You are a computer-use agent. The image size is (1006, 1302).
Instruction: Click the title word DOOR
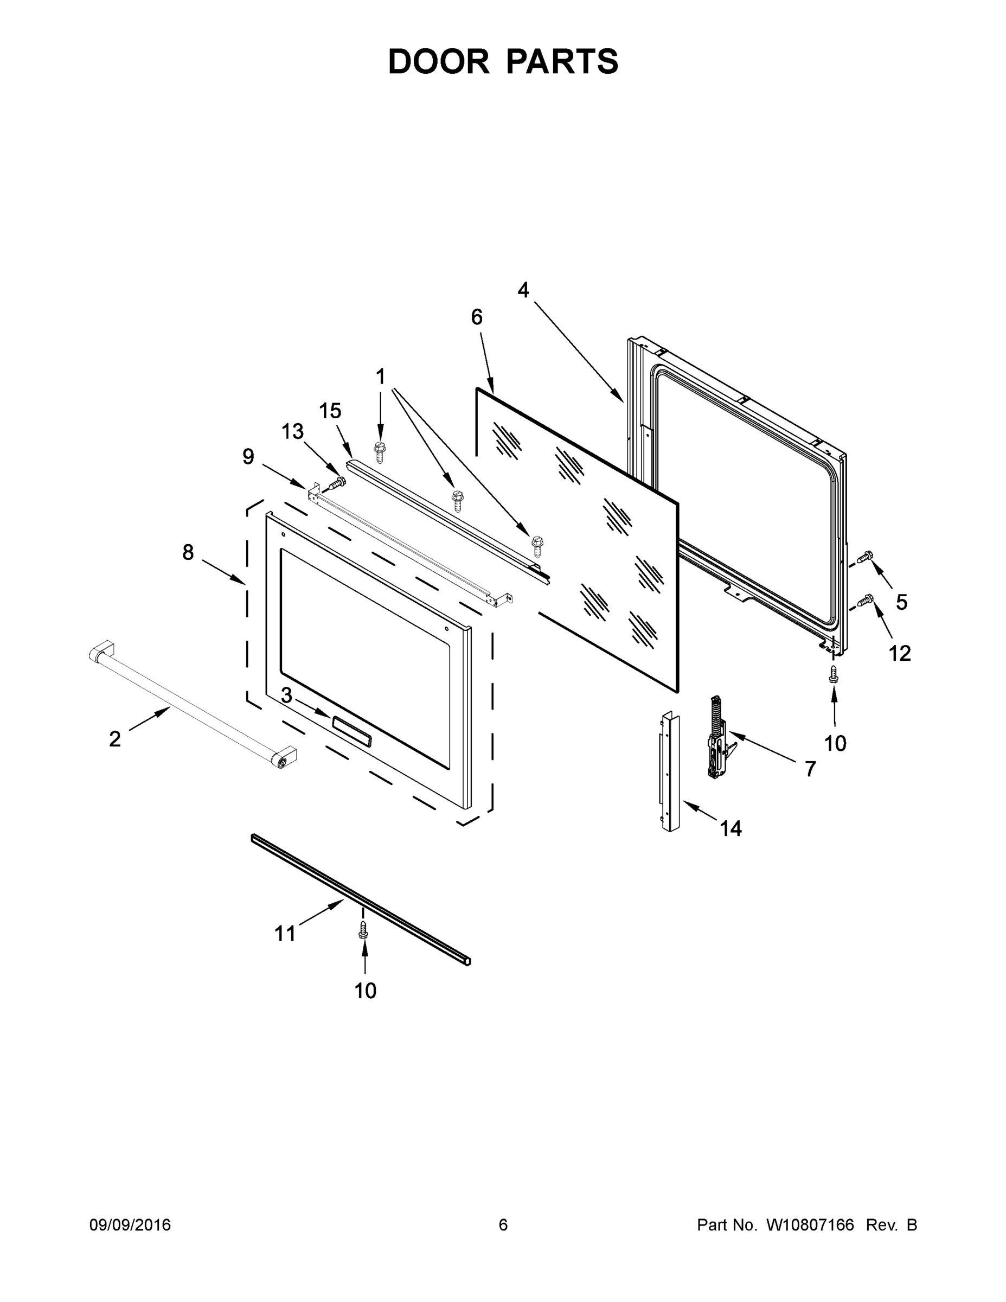coord(438,61)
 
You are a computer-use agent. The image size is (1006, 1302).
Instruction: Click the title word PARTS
coord(563,61)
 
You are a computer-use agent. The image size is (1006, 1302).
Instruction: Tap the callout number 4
coord(523,290)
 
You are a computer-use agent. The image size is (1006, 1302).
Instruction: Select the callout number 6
coord(477,318)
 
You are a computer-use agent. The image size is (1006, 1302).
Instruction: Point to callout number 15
coord(330,411)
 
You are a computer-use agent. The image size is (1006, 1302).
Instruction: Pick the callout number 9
coord(248,457)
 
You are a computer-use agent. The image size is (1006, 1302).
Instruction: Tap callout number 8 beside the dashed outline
coord(188,553)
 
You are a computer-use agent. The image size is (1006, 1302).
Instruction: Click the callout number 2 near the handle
coord(115,739)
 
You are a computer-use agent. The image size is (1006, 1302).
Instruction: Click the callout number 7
coord(810,769)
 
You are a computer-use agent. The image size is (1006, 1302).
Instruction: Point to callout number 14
coord(731,828)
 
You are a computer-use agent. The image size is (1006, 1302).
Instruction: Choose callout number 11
coord(285,934)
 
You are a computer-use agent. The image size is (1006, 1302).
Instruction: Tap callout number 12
coord(900,653)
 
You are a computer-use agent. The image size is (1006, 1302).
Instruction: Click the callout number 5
coord(902,602)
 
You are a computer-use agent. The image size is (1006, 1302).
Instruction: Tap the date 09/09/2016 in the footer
coord(130,1225)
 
